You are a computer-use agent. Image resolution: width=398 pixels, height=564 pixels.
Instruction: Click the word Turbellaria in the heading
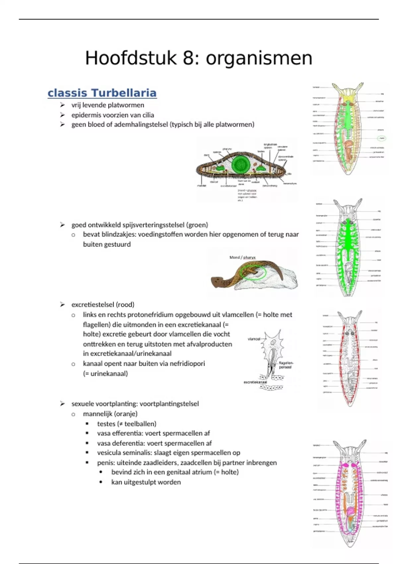click(x=124, y=93)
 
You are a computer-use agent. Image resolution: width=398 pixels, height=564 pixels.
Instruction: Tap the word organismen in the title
click(x=259, y=58)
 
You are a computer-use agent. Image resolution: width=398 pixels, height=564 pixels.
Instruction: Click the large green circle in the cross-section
click(x=241, y=164)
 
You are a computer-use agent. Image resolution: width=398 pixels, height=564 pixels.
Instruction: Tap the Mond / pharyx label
click(x=242, y=257)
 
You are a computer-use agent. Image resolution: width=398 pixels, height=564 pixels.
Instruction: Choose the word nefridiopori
click(x=187, y=364)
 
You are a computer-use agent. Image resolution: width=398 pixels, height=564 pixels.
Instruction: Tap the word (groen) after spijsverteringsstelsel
click(x=197, y=225)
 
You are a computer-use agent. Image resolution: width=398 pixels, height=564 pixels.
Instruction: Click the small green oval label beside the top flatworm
click(x=381, y=138)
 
